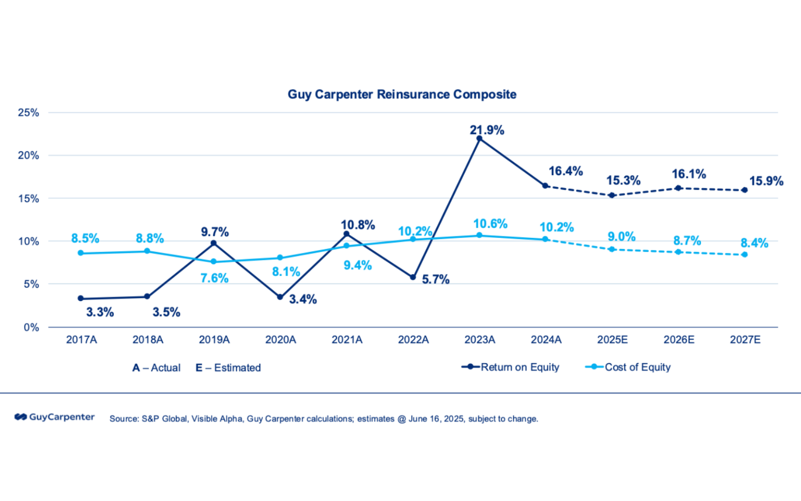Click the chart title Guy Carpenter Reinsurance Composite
pos(402,94)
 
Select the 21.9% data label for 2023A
pos(487,130)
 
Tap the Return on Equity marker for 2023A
pos(479,138)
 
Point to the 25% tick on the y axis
pos(29,113)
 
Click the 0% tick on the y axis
pos(31,328)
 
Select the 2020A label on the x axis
pos(281,340)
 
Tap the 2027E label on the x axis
pos(745,340)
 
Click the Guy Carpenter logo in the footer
pos(55,417)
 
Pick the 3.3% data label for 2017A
pos(100,312)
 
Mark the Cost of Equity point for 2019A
pos(213,261)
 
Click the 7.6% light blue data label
pos(214,278)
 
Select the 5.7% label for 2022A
pos(435,279)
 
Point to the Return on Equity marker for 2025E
pos(612,195)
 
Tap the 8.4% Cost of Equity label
pos(754,243)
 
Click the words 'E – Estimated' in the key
pos(228,368)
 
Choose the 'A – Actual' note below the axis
pos(156,368)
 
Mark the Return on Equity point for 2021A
pos(346,234)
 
